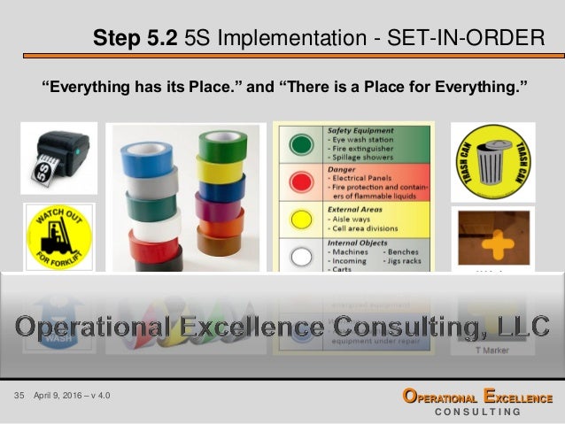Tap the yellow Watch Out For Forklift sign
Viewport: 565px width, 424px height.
tap(58, 236)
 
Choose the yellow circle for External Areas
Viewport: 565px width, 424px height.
tap(303, 217)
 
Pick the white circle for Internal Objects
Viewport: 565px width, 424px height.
tap(303, 255)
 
